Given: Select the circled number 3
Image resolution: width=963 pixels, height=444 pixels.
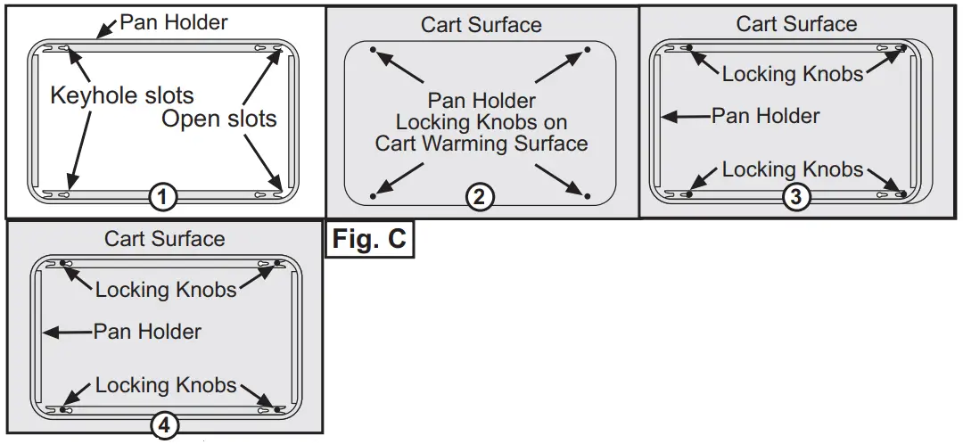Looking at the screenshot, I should click(x=795, y=197).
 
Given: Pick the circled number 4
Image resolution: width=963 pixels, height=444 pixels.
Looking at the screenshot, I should click(x=163, y=426).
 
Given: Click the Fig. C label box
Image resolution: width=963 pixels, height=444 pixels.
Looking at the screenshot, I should click(x=369, y=239).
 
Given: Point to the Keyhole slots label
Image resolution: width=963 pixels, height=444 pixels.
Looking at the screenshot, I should click(x=121, y=95).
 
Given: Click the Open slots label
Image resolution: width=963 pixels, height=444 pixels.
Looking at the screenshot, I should click(x=219, y=118).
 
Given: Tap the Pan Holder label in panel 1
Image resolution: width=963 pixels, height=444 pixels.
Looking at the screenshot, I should click(x=174, y=22).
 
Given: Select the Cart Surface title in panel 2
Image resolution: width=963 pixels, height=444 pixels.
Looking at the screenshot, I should click(x=481, y=24).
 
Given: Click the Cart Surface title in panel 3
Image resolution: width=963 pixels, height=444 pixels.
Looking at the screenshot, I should click(x=796, y=24).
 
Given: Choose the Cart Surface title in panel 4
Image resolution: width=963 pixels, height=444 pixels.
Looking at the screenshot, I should click(x=164, y=238).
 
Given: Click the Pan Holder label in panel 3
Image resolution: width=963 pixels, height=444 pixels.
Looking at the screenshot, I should click(x=766, y=115).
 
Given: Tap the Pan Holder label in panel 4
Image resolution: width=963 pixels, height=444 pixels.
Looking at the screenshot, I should click(x=147, y=332).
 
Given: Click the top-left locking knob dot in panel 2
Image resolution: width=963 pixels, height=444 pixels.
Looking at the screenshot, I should click(x=373, y=49).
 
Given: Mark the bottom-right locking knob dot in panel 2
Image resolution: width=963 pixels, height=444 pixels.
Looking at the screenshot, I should click(x=587, y=195).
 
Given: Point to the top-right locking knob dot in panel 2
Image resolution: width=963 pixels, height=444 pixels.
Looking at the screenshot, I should click(x=587, y=49).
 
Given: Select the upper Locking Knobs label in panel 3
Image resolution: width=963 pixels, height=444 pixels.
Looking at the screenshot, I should click(x=793, y=74).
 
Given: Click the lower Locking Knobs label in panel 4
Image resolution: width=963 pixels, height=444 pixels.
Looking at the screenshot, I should click(x=166, y=385).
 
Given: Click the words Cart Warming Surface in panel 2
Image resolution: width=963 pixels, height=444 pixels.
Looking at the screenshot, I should click(x=481, y=143).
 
